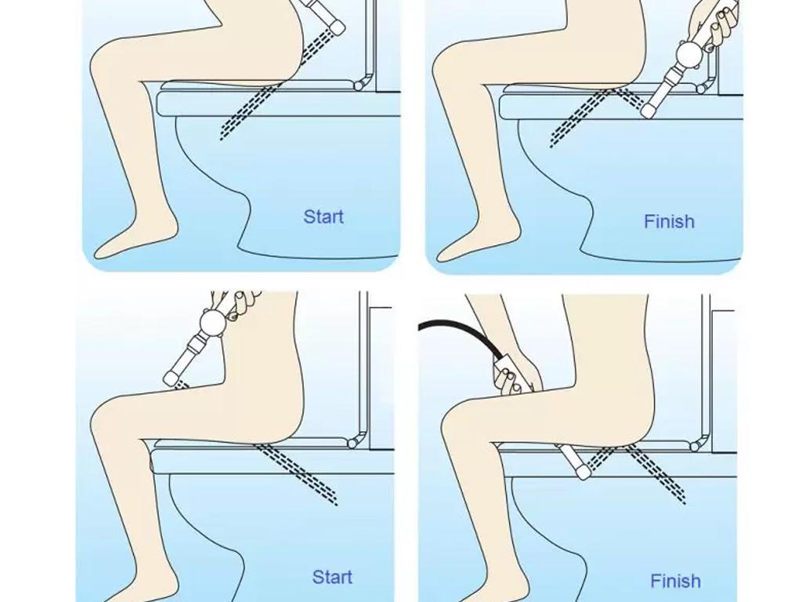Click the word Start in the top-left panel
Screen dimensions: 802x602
[x=323, y=216]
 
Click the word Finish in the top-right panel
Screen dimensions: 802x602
[x=669, y=221]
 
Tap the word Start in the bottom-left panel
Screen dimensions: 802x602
[x=332, y=577]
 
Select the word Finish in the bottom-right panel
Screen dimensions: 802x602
[x=675, y=581]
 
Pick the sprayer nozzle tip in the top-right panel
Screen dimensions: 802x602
[x=648, y=111]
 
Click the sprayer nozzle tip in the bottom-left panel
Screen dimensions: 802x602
[x=172, y=379]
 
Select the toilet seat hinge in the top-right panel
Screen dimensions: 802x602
[x=703, y=89]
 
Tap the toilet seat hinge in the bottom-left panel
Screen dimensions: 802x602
[x=352, y=444]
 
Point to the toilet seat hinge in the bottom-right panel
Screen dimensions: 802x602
[x=695, y=446]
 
